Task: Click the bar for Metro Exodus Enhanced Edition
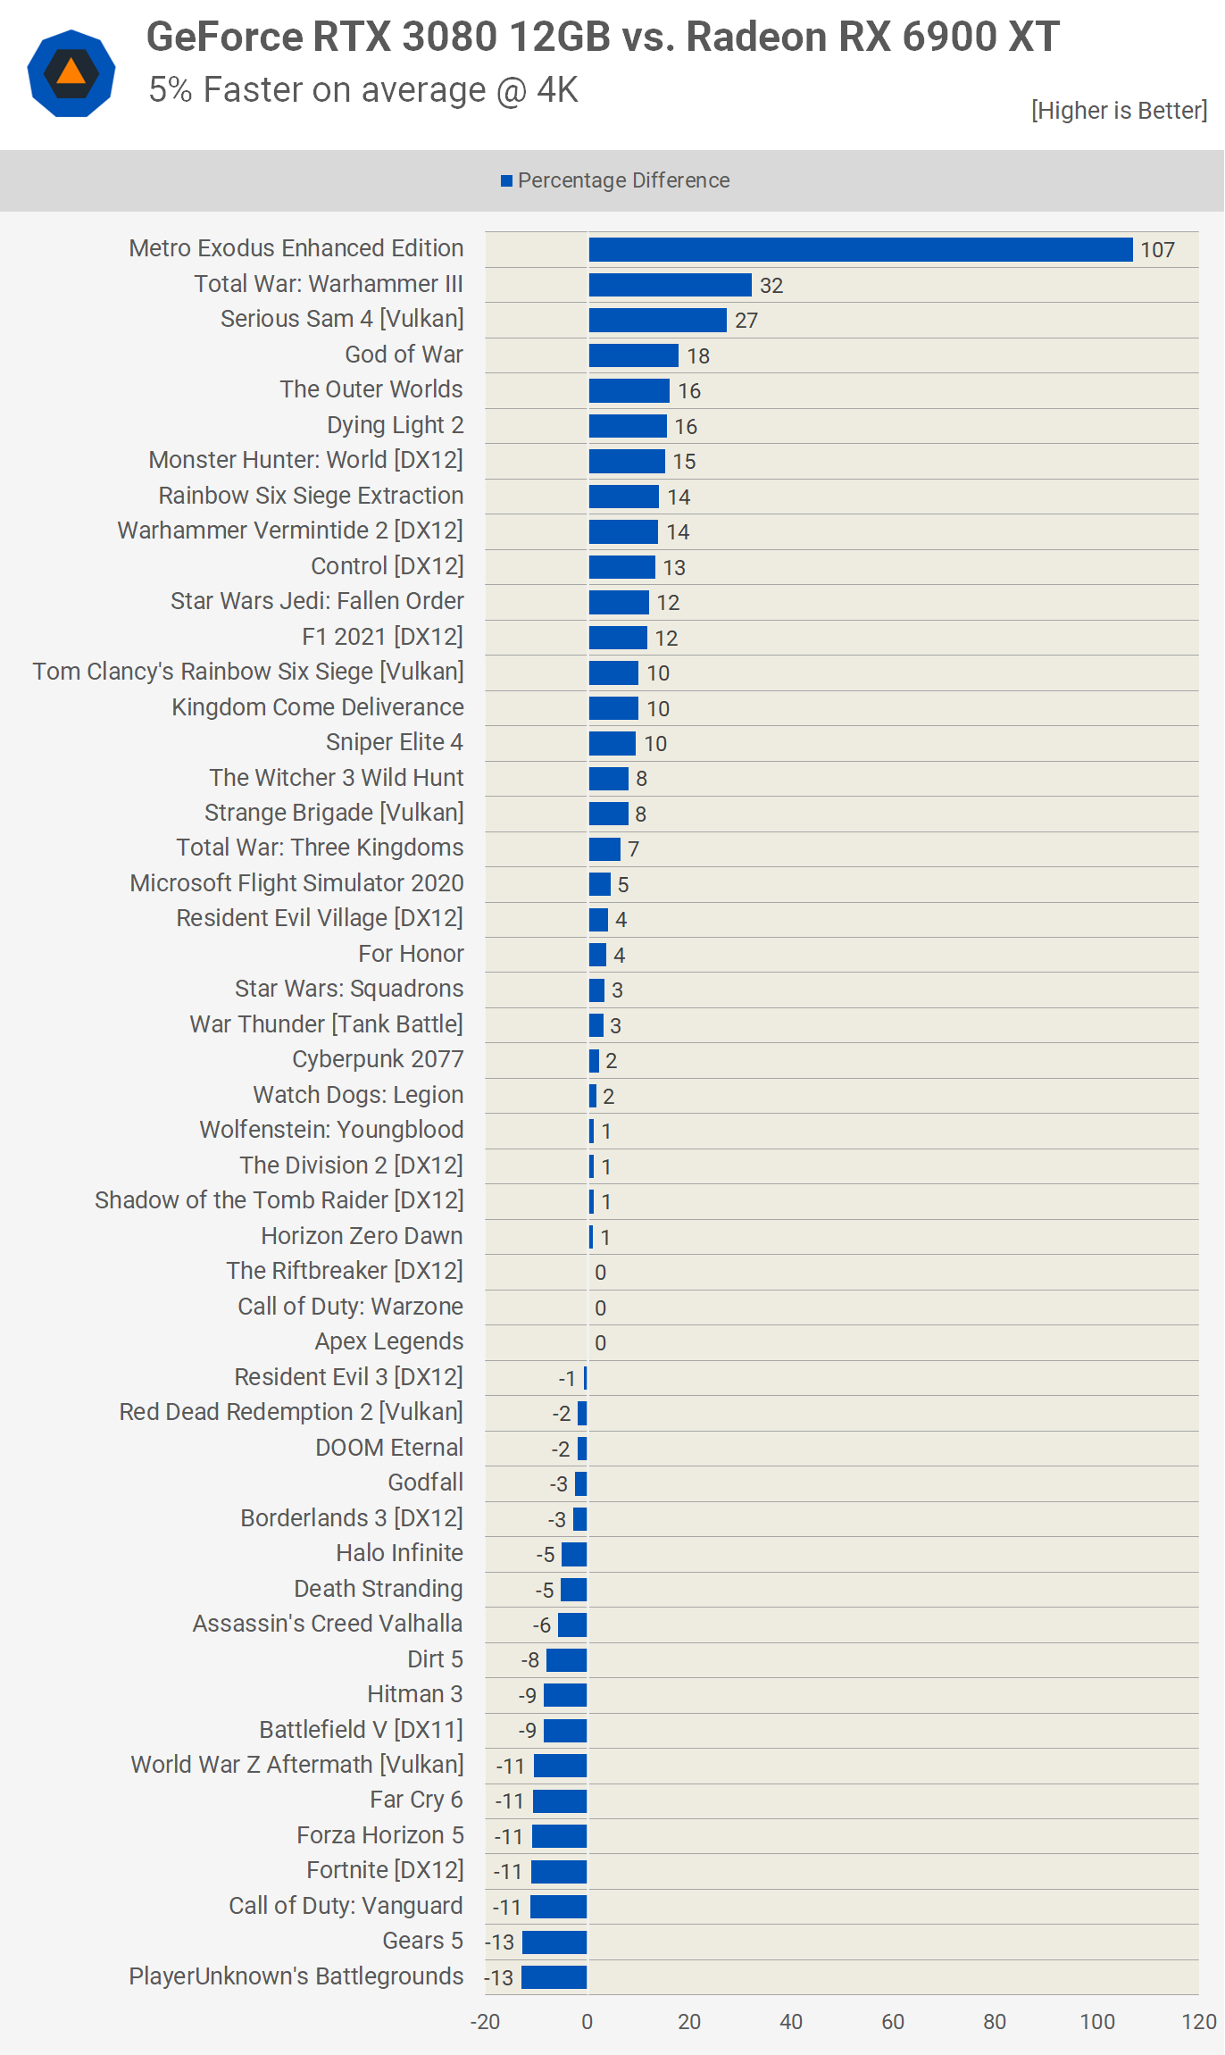tap(860, 249)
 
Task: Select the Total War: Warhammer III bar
tap(670, 285)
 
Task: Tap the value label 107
tap(1157, 250)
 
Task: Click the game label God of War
tap(404, 355)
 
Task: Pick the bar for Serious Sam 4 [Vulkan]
tap(657, 320)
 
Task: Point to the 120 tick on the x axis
tap(1198, 2022)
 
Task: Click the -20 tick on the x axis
tap(485, 2022)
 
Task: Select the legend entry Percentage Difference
tap(616, 180)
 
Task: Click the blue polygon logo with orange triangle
tap(71, 73)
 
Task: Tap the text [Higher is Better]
tap(1119, 111)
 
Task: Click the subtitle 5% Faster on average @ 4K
tap(363, 90)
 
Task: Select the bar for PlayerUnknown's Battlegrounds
tap(554, 1977)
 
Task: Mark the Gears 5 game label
tap(422, 1941)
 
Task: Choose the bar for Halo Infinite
tap(574, 1554)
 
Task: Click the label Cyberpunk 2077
tap(378, 1059)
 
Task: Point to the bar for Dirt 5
tap(566, 1659)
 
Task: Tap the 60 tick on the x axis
tap(893, 2022)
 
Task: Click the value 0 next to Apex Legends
tap(600, 1343)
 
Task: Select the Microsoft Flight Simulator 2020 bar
tap(599, 884)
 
